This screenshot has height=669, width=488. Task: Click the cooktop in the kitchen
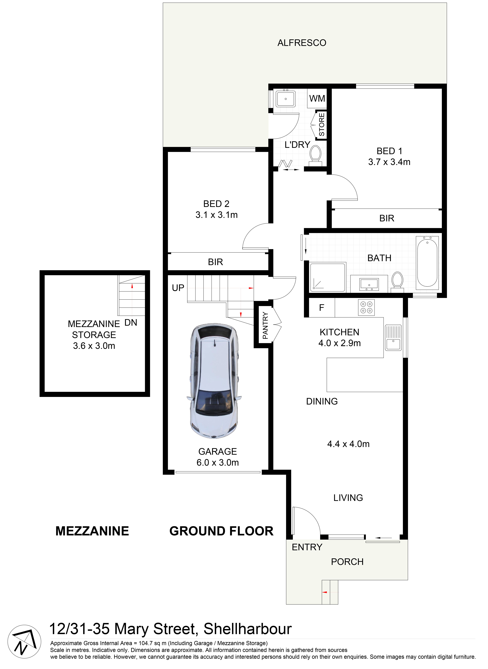tap(366, 307)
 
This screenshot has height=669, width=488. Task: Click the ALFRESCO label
tap(302, 43)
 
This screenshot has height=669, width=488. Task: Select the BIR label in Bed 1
tap(387, 218)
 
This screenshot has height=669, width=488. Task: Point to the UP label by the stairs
tap(178, 288)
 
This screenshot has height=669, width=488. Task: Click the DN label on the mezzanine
tap(131, 323)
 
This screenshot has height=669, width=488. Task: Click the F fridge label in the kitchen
tap(322, 308)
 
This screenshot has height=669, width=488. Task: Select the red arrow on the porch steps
tap(325, 592)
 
